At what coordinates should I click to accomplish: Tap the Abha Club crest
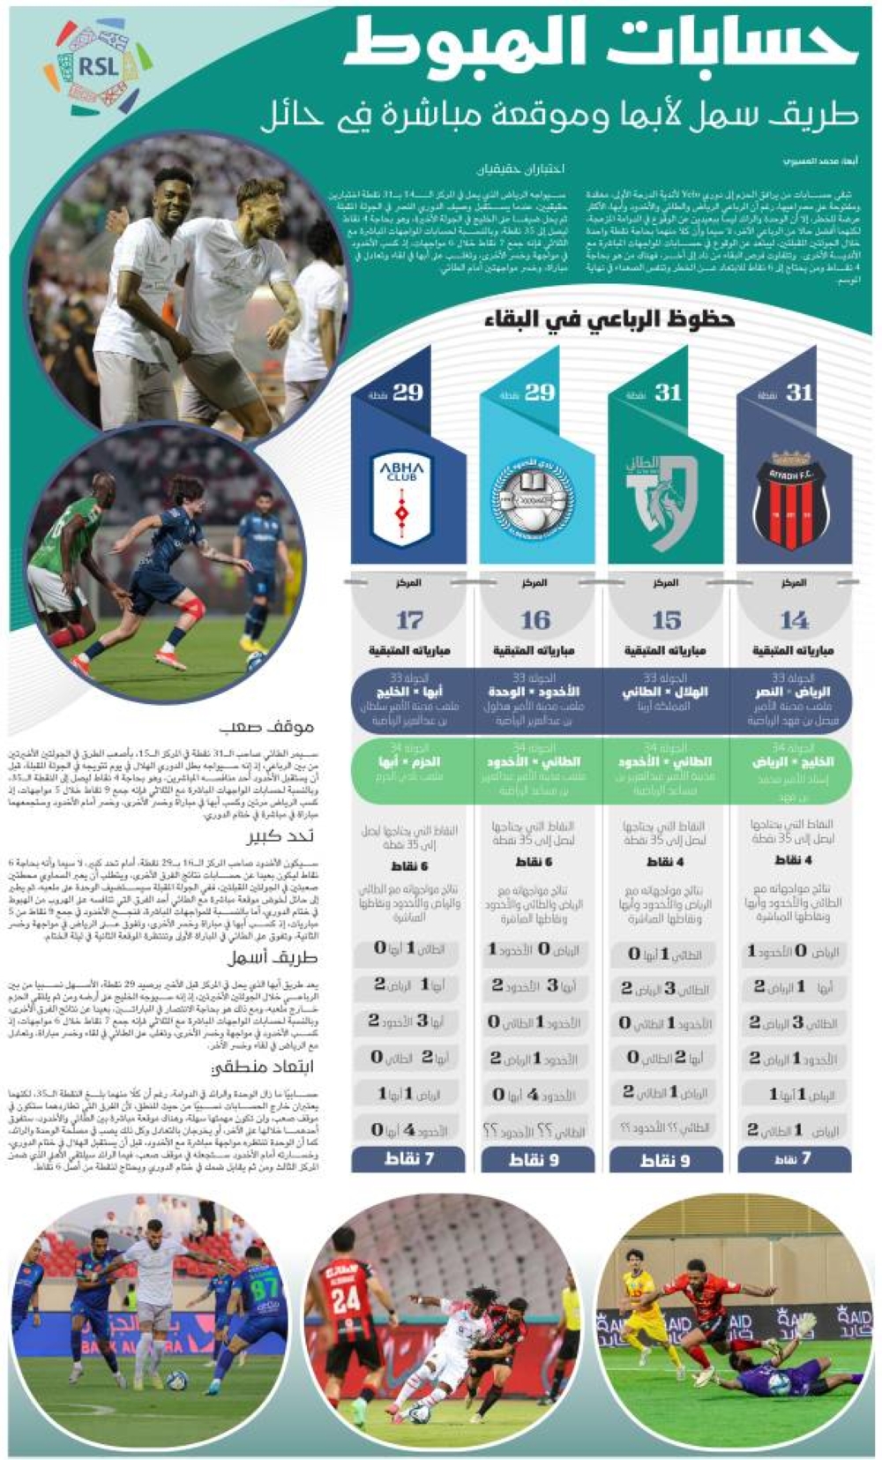tap(402, 498)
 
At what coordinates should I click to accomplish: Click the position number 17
tap(409, 620)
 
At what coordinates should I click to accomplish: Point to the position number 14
tap(793, 620)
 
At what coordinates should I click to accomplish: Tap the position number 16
tap(535, 620)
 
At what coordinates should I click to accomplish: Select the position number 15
tap(666, 620)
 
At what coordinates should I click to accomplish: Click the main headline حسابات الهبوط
tap(600, 46)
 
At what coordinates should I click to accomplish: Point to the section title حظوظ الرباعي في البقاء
tap(609, 319)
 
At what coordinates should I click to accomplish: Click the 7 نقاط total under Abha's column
tap(409, 1158)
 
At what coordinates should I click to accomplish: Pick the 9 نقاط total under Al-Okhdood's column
tap(534, 1159)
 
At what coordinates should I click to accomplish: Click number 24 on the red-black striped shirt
tap(346, 1298)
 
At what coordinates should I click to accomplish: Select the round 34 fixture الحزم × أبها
tap(409, 760)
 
